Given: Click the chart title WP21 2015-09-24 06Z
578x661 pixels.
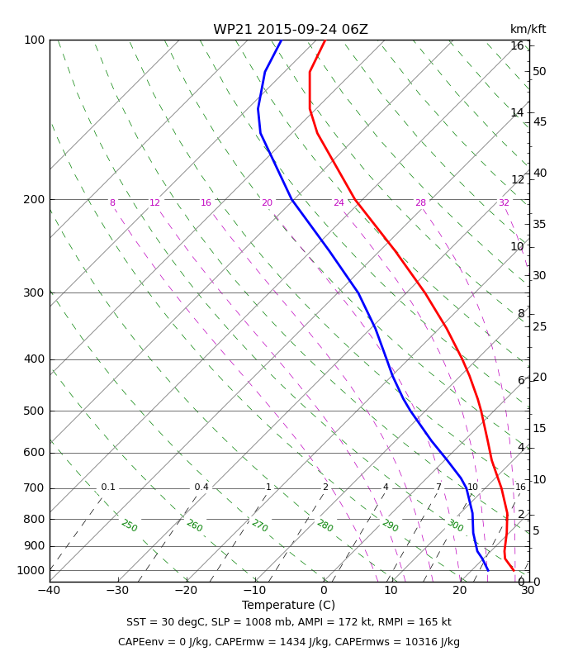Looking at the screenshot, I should [x=291, y=30].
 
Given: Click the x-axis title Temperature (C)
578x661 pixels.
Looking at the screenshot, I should [x=288, y=605].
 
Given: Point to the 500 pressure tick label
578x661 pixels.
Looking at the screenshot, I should [x=34, y=411].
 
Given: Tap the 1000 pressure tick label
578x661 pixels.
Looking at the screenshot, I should [x=31, y=570].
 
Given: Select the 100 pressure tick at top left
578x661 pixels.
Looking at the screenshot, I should [x=34, y=40].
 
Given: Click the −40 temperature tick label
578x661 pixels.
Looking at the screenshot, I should [x=49, y=591].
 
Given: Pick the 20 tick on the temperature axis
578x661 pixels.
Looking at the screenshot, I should [x=459, y=591].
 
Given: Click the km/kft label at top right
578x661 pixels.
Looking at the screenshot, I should [x=528, y=29].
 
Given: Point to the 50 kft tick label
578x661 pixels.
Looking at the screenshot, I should [x=539, y=71].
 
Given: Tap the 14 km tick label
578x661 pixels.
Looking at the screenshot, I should [x=517, y=113].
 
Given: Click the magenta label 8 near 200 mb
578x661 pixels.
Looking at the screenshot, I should [x=112, y=203].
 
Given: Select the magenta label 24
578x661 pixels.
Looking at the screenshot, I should [x=339, y=203].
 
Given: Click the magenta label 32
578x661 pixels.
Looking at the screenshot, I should [x=504, y=203].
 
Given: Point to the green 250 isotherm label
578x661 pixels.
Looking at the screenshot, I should [x=129, y=526].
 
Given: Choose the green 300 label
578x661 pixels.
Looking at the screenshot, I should [x=455, y=525].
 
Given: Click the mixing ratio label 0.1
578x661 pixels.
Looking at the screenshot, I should [x=108, y=487].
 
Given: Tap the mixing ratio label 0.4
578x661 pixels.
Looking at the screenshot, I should [x=201, y=487].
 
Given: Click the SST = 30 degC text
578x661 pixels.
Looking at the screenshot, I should [x=163, y=622].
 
